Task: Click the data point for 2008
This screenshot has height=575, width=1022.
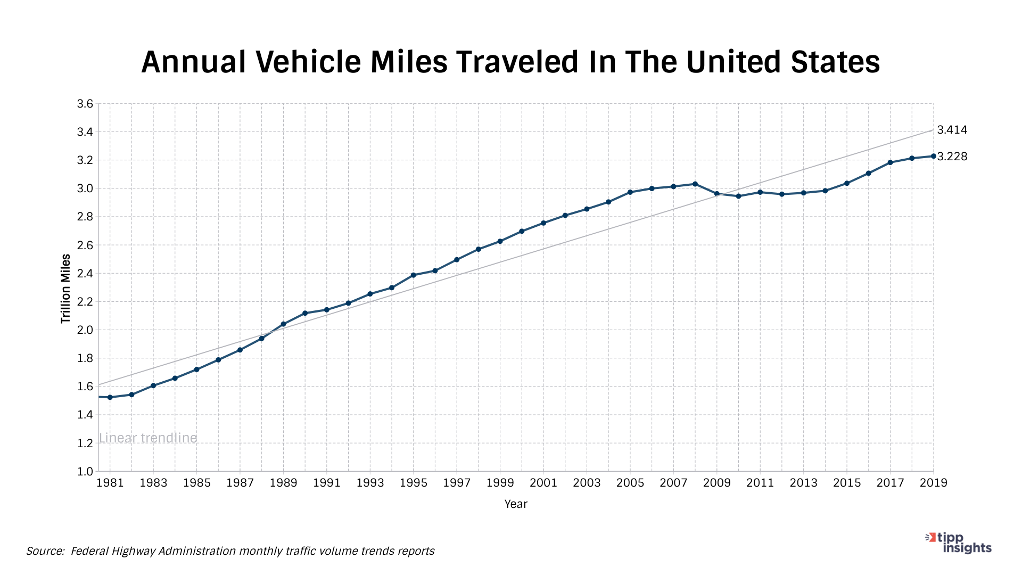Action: pyautogui.click(x=695, y=184)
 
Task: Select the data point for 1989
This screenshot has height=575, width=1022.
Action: pyautogui.click(x=283, y=324)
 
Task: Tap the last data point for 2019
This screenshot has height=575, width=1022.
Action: pyautogui.click(x=933, y=156)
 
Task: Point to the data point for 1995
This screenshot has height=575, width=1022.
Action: pyautogui.click(x=414, y=275)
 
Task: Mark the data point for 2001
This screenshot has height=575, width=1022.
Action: pyautogui.click(x=543, y=223)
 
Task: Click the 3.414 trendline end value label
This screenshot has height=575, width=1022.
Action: pyautogui.click(x=952, y=130)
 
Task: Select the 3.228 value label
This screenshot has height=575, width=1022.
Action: pyautogui.click(x=952, y=157)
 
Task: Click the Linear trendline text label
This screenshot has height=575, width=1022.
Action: pyautogui.click(x=148, y=438)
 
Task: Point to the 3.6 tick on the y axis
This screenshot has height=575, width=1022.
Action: pyautogui.click(x=85, y=104)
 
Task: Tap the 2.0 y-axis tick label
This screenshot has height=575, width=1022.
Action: pyautogui.click(x=85, y=330)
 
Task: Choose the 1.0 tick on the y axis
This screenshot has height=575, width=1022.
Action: pyautogui.click(x=85, y=471)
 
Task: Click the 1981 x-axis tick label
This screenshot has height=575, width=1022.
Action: pyautogui.click(x=110, y=483)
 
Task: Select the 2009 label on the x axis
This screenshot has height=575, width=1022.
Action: pyautogui.click(x=716, y=483)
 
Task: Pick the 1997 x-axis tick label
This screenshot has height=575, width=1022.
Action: pyautogui.click(x=457, y=483)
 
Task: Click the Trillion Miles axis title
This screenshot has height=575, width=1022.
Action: pyautogui.click(x=65, y=289)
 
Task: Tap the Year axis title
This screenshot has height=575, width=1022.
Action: pyautogui.click(x=515, y=504)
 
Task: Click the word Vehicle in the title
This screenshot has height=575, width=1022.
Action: pyautogui.click(x=309, y=62)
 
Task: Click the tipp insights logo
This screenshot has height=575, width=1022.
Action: pyautogui.click(x=959, y=543)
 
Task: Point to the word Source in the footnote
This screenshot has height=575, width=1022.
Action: pyautogui.click(x=45, y=551)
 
